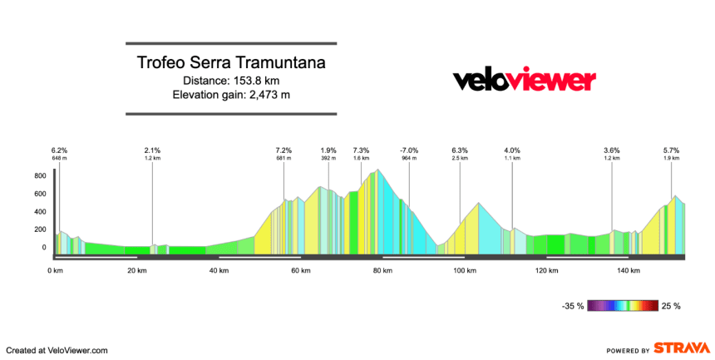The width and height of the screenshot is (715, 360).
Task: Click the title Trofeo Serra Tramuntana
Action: (x=231, y=63)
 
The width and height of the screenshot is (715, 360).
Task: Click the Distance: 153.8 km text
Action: (x=231, y=81)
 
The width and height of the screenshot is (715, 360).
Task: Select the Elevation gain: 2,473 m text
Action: (x=231, y=95)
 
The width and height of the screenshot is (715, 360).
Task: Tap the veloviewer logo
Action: (x=524, y=81)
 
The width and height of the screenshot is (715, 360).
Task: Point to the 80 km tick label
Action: (x=382, y=271)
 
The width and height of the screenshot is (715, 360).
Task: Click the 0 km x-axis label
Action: (x=57, y=271)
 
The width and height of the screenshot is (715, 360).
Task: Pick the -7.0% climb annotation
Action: (x=408, y=150)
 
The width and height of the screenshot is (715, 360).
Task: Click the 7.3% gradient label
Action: (x=361, y=150)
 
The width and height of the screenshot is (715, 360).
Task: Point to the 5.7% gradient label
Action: (x=672, y=150)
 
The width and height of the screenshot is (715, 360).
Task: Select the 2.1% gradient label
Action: (x=152, y=150)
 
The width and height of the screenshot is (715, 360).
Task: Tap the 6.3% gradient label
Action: (x=460, y=150)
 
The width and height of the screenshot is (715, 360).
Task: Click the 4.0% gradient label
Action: (x=512, y=150)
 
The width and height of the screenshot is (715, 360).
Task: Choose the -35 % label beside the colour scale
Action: (x=573, y=306)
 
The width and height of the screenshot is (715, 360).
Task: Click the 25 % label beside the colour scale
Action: (x=671, y=306)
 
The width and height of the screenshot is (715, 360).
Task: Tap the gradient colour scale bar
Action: (x=623, y=306)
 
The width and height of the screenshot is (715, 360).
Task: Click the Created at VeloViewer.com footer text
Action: (x=57, y=350)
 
